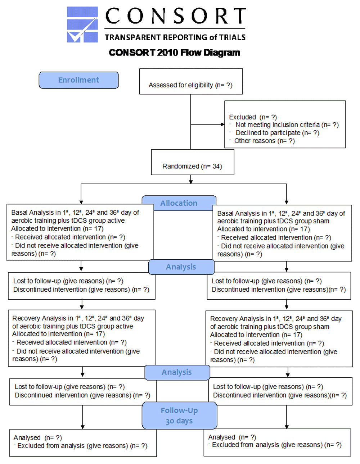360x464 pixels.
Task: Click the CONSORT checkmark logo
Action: (82, 24)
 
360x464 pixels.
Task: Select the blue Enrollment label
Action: (78, 80)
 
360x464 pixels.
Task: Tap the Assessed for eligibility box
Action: (191, 81)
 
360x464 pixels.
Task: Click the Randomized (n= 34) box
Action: (193, 162)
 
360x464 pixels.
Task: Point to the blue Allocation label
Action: (179, 203)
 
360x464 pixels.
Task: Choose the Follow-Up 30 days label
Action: (179, 415)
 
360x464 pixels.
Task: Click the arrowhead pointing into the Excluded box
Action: (222, 124)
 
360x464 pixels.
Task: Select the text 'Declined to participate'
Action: (268, 133)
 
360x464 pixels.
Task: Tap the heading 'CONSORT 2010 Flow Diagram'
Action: (174, 53)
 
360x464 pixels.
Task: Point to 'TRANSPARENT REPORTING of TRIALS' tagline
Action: (175, 37)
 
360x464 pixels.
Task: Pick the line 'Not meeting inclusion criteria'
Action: (278, 125)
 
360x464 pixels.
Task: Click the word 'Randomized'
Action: (181, 166)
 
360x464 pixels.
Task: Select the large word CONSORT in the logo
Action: (176, 16)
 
